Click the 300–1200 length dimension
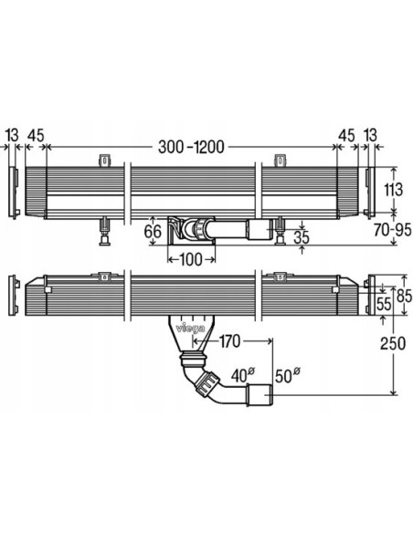191,147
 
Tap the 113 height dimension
393,189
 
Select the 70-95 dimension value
392,230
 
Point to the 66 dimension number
153,232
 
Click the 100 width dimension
191,260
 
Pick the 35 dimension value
302,237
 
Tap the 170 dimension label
229,341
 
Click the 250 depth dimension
393,343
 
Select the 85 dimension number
404,296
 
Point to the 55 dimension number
384,304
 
